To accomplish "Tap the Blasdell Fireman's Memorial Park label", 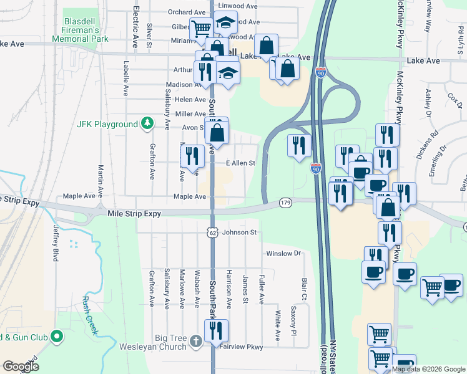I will (91, 29).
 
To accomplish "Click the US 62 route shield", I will (212, 233).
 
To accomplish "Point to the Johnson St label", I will (240, 233).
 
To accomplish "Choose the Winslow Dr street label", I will (283, 254).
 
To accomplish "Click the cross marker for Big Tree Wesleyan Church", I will (195, 340).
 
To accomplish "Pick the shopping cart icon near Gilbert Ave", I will (201, 28).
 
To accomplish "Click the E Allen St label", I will (241, 163).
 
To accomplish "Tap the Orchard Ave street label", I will (187, 12).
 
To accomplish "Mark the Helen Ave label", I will (191, 100).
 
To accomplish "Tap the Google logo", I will (21, 367).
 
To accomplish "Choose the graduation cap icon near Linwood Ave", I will (225, 24).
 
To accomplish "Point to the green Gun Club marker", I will (57, 337).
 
